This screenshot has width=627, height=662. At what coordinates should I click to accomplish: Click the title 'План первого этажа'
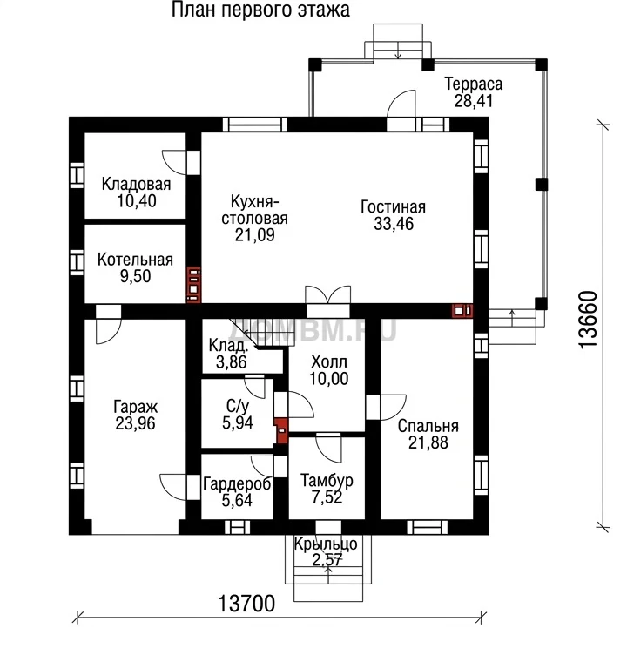click(260, 10)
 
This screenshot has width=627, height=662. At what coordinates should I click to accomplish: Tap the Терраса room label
click(474, 84)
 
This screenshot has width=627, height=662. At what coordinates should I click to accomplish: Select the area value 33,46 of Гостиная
click(394, 224)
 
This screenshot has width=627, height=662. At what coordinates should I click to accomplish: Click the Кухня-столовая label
click(254, 210)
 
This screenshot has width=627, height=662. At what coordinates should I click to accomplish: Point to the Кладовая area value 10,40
click(137, 201)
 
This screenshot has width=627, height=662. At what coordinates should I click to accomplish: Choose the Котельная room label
click(135, 260)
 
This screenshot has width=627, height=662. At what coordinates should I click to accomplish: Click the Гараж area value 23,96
click(135, 423)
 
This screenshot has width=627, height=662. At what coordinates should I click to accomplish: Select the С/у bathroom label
click(237, 406)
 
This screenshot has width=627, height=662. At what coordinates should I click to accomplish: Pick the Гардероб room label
click(237, 483)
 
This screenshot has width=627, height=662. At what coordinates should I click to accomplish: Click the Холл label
click(329, 361)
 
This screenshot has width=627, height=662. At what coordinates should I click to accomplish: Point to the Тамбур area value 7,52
click(327, 497)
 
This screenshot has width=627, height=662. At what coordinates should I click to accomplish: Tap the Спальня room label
click(428, 426)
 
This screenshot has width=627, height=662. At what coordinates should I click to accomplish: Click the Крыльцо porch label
click(326, 544)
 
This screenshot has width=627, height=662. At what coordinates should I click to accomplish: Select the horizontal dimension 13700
click(246, 604)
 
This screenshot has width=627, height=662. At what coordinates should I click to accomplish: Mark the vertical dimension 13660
click(588, 320)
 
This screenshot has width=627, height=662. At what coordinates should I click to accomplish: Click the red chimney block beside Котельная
click(193, 285)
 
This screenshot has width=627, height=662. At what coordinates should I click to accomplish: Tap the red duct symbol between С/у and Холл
click(281, 430)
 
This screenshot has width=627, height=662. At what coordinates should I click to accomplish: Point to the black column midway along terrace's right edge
click(542, 185)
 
